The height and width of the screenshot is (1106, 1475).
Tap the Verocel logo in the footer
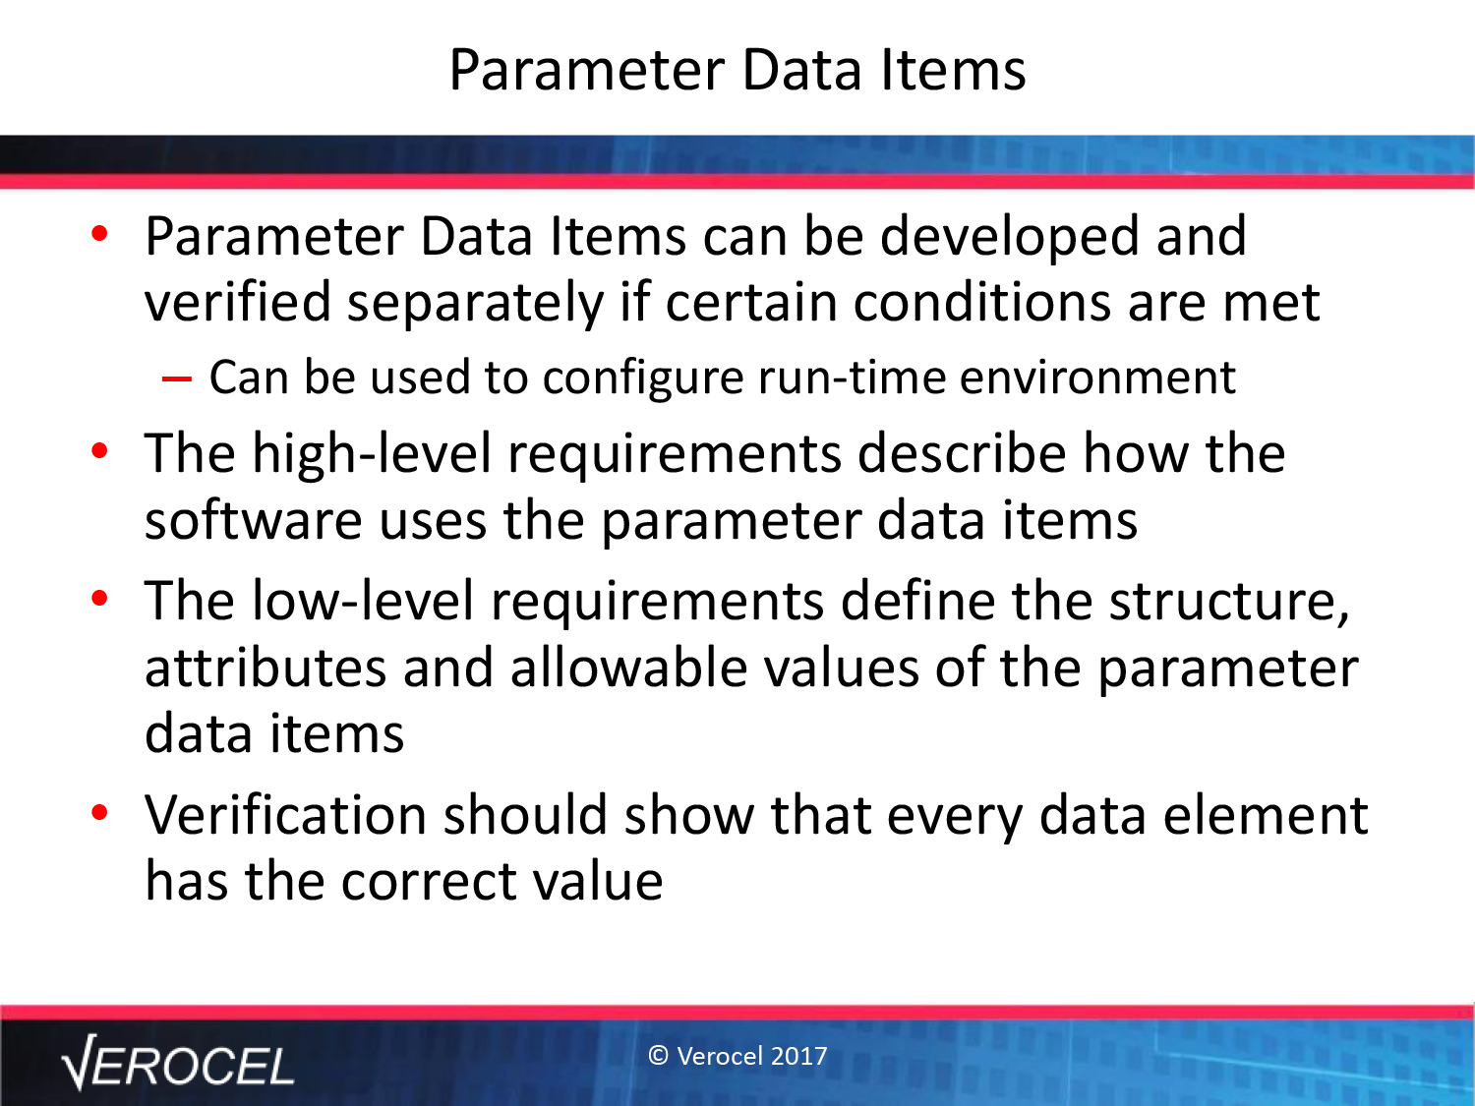[x=178, y=1063]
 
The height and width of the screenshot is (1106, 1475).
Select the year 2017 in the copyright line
[x=798, y=1056]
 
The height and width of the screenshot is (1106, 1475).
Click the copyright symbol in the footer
[x=658, y=1056]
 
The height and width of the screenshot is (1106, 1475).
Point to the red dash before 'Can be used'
[x=177, y=378]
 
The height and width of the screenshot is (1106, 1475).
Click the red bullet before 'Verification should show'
[x=99, y=813]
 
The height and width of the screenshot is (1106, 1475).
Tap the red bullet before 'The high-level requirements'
[x=99, y=450]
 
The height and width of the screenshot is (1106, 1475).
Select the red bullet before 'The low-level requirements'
[x=99, y=598]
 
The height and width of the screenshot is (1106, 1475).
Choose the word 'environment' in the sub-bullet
[x=1097, y=378]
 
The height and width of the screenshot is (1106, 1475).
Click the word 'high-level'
[x=372, y=455]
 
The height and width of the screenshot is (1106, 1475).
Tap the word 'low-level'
[x=363, y=601]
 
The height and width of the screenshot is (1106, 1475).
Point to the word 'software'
[x=254, y=520]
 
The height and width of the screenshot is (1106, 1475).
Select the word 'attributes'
[x=265, y=669]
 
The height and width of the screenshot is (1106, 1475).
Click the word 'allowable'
[x=629, y=669]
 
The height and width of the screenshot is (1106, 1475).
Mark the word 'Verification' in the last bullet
[x=285, y=815]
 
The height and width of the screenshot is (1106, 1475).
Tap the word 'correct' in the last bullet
[x=430, y=883]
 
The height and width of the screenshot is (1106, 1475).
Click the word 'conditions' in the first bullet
[x=982, y=303]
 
